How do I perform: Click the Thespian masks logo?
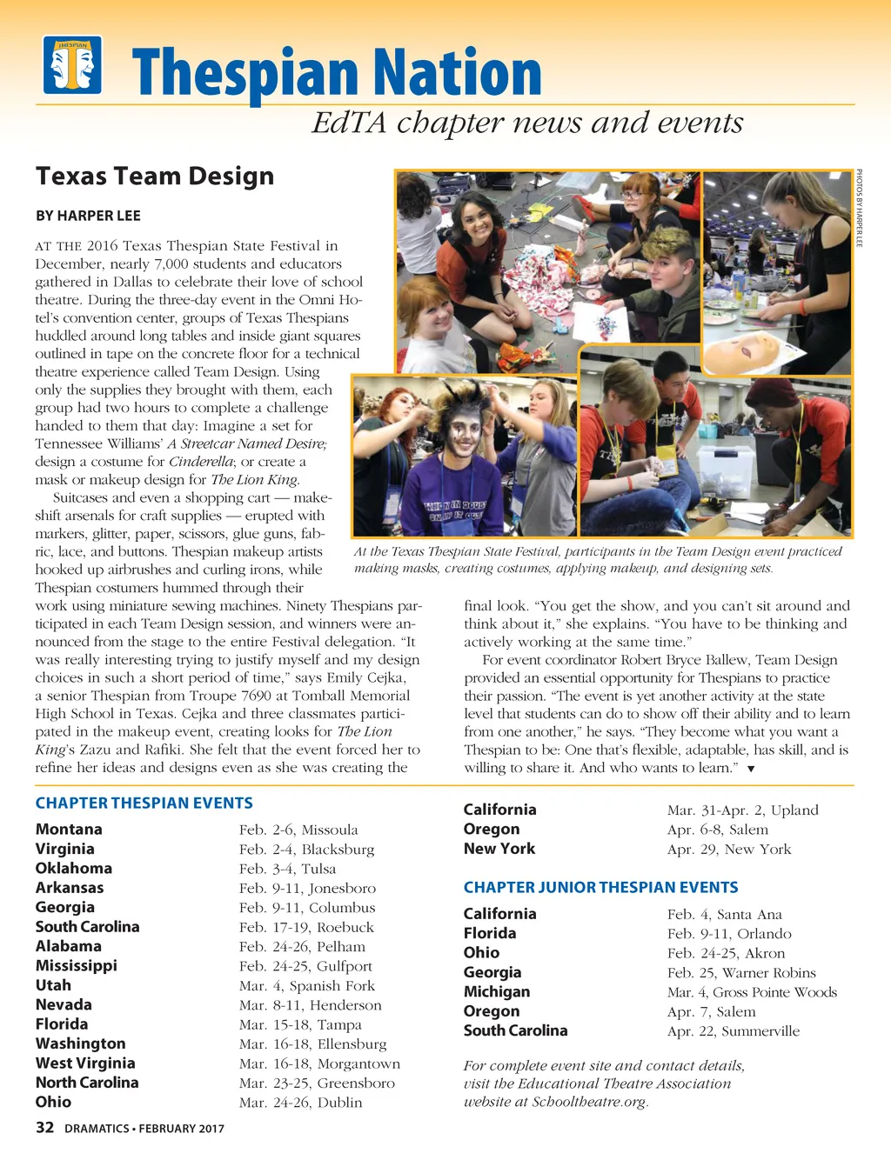tap(73, 64)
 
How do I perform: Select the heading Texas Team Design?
tap(155, 177)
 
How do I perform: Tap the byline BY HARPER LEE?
tap(88, 216)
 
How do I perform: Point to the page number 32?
tap(44, 1128)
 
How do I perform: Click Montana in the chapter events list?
tap(69, 830)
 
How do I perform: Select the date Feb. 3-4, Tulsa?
tap(287, 869)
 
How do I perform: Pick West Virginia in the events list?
tap(85, 1063)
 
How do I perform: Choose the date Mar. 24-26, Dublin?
tap(300, 1103)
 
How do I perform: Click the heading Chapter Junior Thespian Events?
tap(600, 888)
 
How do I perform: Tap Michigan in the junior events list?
tap(496, 992)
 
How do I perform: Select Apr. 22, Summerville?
tap(733, 1031)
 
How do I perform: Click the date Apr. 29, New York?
tap(729, 850)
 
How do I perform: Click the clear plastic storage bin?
tap(724, 472)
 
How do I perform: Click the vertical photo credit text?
tap(859, 208)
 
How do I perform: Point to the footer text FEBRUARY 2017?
tap(181, 1129)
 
